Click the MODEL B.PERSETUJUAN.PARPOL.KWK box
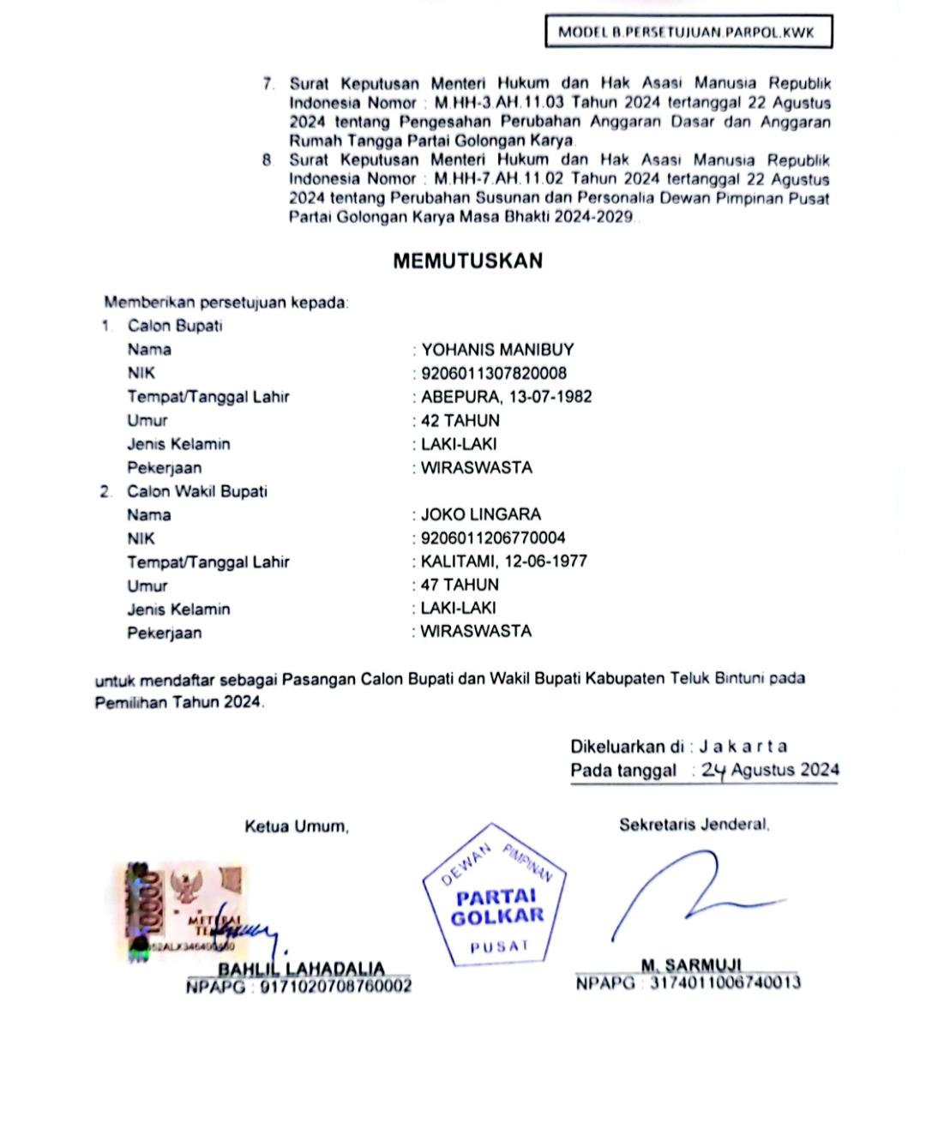click(x=688, y=33)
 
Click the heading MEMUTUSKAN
click(x=467, y=261)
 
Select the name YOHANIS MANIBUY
click(x=497, y=350)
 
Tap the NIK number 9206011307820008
click(x=494, y=374)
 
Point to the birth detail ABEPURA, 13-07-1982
click(x=506, y=397)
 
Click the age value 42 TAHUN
click(x=460, y=421)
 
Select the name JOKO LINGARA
click(x=481, y=515)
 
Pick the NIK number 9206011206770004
click(x=493, y=538)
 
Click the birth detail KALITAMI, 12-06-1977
click(x=504, y=561)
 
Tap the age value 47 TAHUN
click(x=460, y=586)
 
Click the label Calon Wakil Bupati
click(x=197, y=492)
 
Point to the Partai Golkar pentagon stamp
click(x=496, y=897)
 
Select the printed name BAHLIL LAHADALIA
click(x=301, y=969)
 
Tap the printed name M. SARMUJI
click(x=691, y=965)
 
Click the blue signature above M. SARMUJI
click(x=686, y=896)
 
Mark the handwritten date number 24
click(x=713, y=771)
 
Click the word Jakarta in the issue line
click(x=743, y=747)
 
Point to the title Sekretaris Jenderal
click(x=694, y=825)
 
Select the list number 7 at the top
click(x=268, y=84)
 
